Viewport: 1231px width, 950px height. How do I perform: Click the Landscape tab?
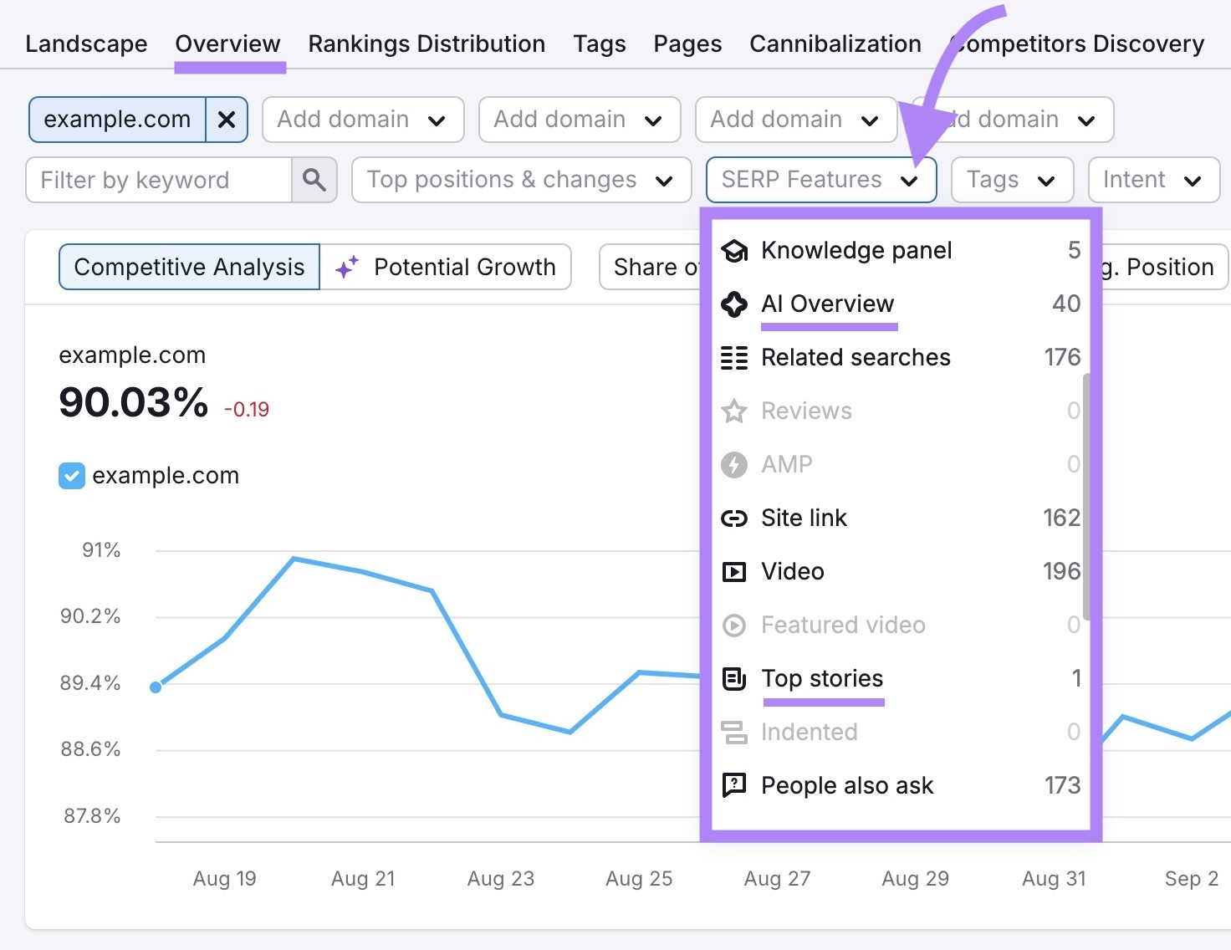(x=86, y=43)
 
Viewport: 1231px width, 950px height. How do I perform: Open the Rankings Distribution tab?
(x=427, y=43)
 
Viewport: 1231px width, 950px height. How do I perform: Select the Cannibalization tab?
(x=835, y=43)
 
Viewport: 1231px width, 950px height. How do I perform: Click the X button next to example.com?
(x=226, y=120)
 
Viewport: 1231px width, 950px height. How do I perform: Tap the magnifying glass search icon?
(x=314, y=180)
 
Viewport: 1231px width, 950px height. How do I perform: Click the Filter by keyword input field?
(x=159, y=180)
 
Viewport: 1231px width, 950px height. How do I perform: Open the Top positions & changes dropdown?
(x=521, y=180)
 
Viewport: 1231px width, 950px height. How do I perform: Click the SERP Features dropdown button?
(x=820, y=180)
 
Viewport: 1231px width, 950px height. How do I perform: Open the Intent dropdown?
(x=1153, y=180)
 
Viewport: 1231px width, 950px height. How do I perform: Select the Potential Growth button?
(x=446, y=267)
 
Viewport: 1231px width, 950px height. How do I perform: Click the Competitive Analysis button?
(x=189, y=267)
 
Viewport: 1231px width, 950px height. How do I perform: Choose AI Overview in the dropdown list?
(x=827, y=304)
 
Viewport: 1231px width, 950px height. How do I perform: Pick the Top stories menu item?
(x=822, y=678)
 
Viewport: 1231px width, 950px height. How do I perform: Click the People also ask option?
(x=846, y=785)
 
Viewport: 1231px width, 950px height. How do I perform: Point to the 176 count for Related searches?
(x=1062, y=357)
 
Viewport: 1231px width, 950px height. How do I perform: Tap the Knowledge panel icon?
(x=734, y=250)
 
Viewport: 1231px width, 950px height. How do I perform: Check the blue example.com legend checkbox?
(x=72, y=476)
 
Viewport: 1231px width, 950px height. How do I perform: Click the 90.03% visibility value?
(x=133, y=402)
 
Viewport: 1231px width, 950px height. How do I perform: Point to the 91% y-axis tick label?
(x=101, y=550)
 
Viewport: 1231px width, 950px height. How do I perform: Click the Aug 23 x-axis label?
(x=500, y=878)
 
